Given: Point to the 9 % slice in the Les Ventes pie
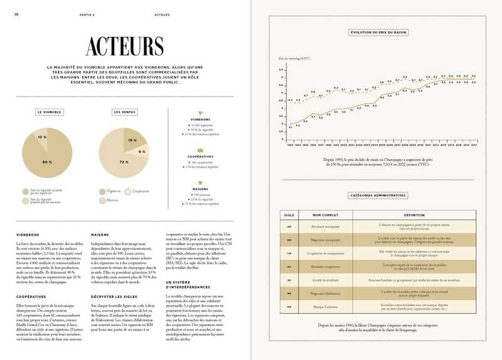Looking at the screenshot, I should coord(142,152).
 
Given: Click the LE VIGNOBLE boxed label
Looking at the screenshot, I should coord(49,112).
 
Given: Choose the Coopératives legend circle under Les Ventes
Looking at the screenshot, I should coord(128,191).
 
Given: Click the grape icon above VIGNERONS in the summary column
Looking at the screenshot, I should coord(200,114).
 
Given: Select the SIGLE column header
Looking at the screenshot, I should coord(289,214).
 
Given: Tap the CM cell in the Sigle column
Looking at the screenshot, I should coord(289,252).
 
